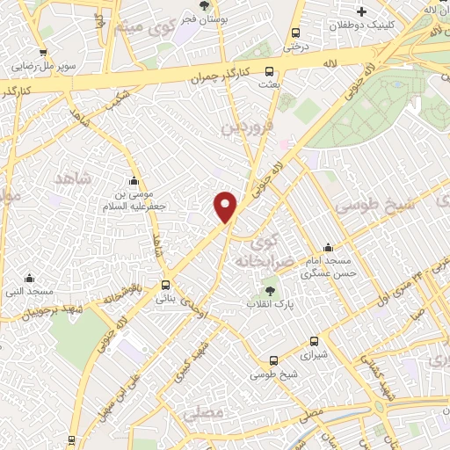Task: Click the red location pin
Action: pyautogui.click(x=227, y=207)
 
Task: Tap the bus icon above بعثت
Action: pyautogui.click(x=269, y=72)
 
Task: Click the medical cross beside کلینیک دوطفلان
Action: pyautogui.click(x=361, y=11)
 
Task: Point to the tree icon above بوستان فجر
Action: pyautogui.click(x=205, y=5)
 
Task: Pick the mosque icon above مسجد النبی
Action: pyautogui.click(x=30, y=279)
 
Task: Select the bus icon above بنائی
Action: pyautogui.click(x=166, y=285)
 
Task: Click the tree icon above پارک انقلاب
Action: pyautogui.click(x=269, y=292)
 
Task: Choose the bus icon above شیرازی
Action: pyautogui.click(x=314, y=342)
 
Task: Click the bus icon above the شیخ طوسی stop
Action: pyautogui.click(x=273, y=360)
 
